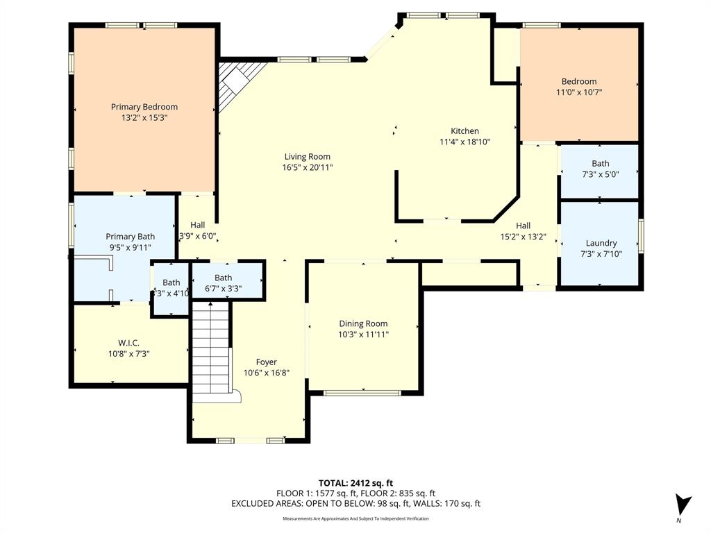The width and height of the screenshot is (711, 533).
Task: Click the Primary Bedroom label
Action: coord(144,107)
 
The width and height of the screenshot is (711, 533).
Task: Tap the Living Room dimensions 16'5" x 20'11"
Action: coord(307,167)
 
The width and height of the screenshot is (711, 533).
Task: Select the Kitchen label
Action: coord(465,131)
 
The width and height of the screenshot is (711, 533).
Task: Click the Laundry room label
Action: coord(601,243)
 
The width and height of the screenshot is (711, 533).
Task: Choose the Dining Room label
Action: coord(363,323)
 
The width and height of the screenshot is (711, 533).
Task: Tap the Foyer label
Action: coord(266,362)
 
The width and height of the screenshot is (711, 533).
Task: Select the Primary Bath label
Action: coord(130,237)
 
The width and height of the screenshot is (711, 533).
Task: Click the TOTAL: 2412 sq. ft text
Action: coord(355,483)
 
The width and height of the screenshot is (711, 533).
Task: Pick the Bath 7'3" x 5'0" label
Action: coord(600,164)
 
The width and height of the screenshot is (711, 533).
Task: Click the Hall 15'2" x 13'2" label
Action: coord(523,226)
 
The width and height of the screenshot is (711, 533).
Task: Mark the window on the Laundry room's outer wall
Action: coord(641,237)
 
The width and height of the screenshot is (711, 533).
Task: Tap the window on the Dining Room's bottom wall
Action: coord(362,394)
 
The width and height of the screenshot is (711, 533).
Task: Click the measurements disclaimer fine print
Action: coord(355,518)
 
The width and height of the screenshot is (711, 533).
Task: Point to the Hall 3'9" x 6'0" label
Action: coord(198,225)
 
